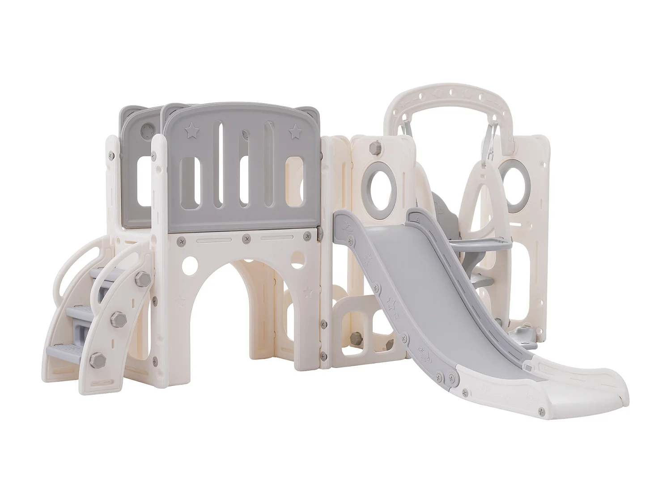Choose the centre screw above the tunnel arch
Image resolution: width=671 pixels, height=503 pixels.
246,240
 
